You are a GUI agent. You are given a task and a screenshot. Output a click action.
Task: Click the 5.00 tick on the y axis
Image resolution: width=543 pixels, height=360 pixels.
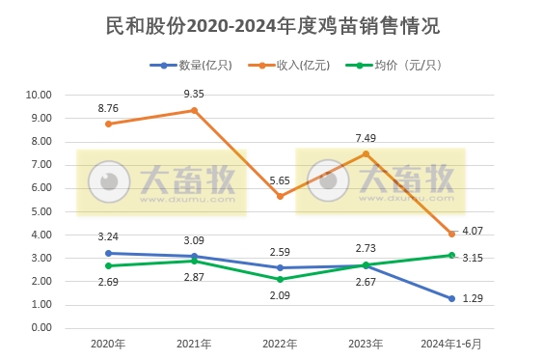tap(40, 211)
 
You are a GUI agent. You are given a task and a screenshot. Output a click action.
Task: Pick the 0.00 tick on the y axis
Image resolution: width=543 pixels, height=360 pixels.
tap(40, 328)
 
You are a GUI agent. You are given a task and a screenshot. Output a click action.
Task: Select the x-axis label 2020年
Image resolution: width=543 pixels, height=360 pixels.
tap(108, 344)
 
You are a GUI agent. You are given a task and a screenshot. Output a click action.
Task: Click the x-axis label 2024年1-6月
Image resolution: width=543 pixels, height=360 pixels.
tap(451, 344)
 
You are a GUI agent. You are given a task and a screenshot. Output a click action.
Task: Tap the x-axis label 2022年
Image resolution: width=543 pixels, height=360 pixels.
tap(280, 344)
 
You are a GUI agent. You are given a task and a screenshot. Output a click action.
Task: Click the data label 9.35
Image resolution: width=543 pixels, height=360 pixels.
tap(194, 94)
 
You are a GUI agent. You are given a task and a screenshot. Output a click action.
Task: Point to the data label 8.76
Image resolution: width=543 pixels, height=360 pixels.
tap(108, 108)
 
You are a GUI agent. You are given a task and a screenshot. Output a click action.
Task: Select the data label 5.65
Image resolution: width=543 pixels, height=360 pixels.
tap(280, 180)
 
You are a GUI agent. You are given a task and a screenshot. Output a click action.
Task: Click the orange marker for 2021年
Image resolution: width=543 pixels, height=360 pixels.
tap(194, 110)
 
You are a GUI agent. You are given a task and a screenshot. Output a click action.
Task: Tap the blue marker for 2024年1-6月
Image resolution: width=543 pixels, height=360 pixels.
tap(451, 298)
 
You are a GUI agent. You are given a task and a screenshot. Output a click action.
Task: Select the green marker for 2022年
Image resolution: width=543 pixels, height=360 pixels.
tap(280, 279)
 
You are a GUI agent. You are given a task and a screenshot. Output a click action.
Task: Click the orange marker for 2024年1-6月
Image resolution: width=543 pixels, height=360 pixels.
tap(451, 234)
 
